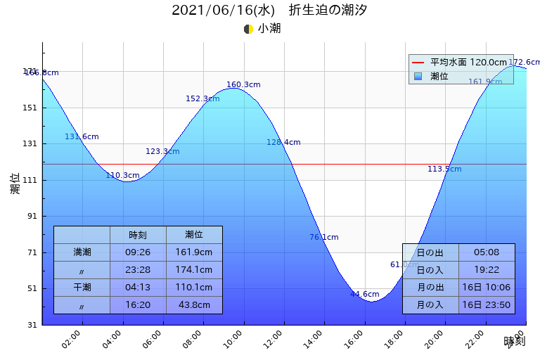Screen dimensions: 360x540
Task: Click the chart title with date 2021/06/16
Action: [269, 11]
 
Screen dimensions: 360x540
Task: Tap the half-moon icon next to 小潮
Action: [248, 29]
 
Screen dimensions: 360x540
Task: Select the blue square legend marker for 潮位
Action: [418, 76]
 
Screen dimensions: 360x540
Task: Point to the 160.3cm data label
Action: [243, 85]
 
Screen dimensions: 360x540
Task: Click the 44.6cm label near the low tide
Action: [365, 295]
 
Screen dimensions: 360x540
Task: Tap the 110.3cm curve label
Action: [122, 176]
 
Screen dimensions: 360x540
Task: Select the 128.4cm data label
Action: [283, 143]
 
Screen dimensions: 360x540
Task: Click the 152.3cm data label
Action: [202, 99]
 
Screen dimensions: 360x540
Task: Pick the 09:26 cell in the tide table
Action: [138, 252]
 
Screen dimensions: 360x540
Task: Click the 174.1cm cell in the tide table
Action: [194, 269]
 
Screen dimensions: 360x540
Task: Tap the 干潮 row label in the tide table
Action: [82, 287]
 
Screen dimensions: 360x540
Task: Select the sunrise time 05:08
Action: [487, 252]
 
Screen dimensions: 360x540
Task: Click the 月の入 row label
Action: [430, 305]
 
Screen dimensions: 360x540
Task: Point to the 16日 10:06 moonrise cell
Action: [487, 288]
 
